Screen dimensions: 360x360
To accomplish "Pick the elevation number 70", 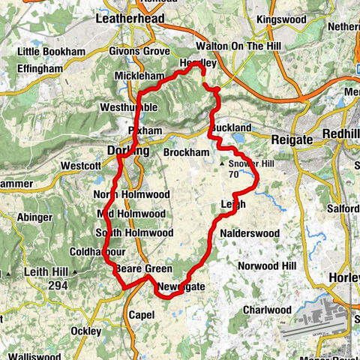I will coord(233,174).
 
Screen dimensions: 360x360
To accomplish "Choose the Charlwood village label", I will coord(267,310).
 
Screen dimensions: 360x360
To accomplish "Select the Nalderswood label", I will coord(249,233).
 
